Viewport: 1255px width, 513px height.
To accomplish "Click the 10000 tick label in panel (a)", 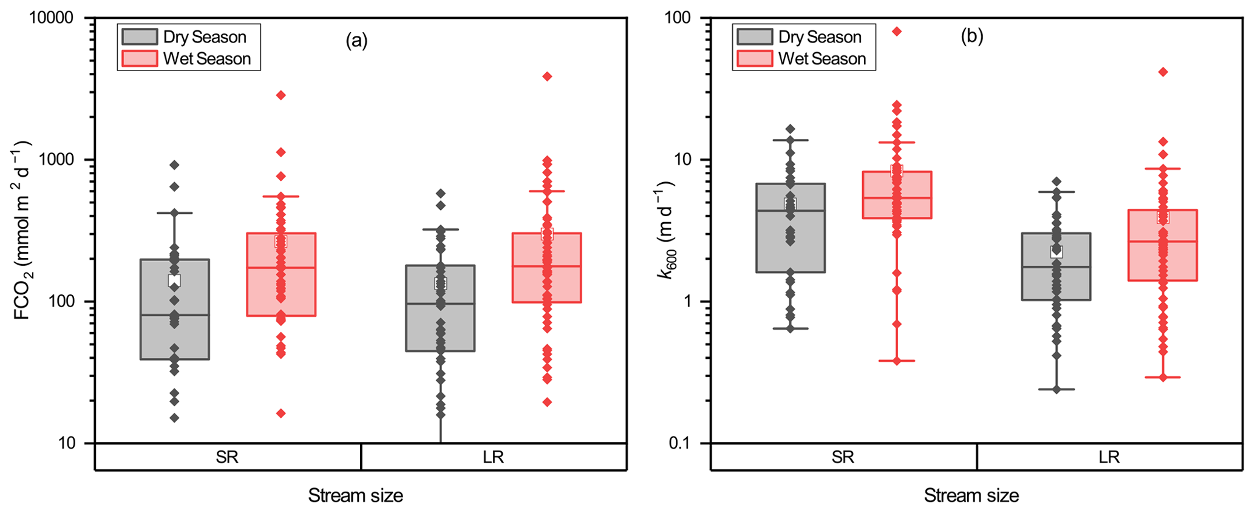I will (52, 18).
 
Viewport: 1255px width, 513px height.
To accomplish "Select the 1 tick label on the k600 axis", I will (686, 302).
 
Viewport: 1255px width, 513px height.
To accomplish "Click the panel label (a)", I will (356, 41).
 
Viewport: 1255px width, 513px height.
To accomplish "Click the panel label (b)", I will (971, 37).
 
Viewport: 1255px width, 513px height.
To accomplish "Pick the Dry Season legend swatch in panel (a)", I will (140, 37).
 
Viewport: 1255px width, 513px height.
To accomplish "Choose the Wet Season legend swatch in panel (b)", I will (755, 59).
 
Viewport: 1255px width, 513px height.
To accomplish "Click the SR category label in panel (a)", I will (227, 457).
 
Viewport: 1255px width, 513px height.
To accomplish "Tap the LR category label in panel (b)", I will (1109, 457).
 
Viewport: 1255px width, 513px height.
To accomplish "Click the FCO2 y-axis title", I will (22, 231).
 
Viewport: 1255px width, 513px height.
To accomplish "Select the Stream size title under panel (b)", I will (971, 496).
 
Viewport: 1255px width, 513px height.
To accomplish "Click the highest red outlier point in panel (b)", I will (897, 32).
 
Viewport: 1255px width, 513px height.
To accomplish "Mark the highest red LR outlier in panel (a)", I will (547, 76).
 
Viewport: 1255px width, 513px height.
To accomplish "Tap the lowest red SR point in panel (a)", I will (281, 413).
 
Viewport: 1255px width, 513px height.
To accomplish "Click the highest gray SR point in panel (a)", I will (174, 165).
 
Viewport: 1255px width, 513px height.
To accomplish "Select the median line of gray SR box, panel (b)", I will (790, 211).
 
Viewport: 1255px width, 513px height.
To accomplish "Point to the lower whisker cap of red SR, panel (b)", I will (897, 361).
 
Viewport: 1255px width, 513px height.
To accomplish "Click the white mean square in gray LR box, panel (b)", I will (1056, 252).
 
